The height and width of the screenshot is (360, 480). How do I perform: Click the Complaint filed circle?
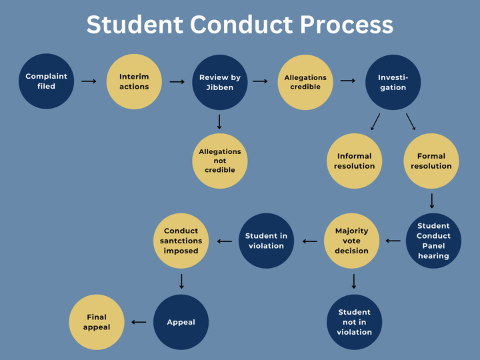tap(46, 81)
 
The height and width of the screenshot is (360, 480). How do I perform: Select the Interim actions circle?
tap(134, 81)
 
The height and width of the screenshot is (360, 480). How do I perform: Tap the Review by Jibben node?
tap(219, 82)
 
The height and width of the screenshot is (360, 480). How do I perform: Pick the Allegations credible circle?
tap(305, 82)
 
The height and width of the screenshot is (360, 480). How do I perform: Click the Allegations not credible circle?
tap(219, 161)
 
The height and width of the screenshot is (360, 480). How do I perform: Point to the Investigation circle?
tap(393, 82)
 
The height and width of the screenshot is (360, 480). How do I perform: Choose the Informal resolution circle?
tap(354, 161)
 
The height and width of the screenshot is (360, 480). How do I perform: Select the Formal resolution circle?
tap(431, 161)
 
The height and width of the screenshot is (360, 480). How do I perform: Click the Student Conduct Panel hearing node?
tap(433, 241)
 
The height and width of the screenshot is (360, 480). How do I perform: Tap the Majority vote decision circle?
tap(351, 241)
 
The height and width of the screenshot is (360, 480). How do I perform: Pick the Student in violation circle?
tap(266, 241)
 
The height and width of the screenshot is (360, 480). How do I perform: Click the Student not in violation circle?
tap(354, 322)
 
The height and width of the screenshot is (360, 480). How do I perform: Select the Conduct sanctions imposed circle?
tap(181, 241)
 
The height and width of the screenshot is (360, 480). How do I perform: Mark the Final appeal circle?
tap(96, 322)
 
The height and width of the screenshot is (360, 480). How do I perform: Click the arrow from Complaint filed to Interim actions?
tap(89, 81)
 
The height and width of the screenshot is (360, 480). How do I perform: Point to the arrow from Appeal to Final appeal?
tap(139, 322)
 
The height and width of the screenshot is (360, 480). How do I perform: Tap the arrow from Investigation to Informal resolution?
tap(375, 121)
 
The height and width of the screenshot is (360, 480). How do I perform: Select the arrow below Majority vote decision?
tap(353, 281)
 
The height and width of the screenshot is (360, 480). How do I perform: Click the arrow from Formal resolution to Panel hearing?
tap(432, 200)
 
